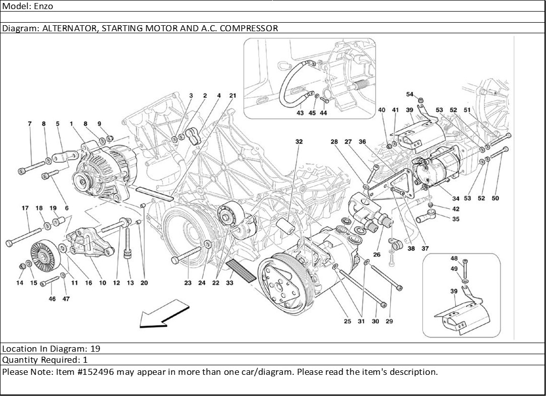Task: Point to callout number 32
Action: point(299,142)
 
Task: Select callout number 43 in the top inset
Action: point(300,113)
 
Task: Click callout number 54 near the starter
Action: point(409,94)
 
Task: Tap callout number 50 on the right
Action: point(495,199)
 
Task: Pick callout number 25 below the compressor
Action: point(347,321)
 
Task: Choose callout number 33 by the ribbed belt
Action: point(230,283)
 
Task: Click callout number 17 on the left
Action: point(25,208)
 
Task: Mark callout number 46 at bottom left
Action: point(52,299)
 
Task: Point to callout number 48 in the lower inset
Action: point(454,258)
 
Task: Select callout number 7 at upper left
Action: point(30,123)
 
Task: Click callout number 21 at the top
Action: point(232,95)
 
